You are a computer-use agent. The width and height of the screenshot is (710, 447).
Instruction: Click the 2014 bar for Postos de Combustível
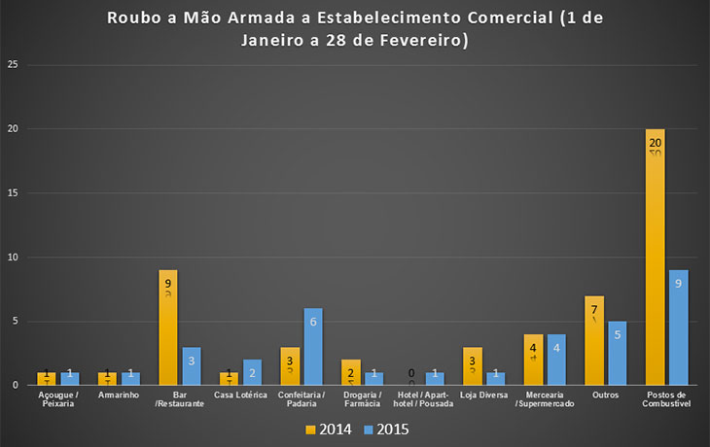pos(655,258)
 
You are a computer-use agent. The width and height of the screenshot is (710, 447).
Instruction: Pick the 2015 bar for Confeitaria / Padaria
pos(313,347)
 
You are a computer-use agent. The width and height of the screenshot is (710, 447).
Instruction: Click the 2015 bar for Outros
pos(618,353)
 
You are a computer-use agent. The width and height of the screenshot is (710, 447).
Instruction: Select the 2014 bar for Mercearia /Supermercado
pos(533,360)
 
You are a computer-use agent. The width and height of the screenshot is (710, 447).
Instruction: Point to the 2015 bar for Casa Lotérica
pos(252,372)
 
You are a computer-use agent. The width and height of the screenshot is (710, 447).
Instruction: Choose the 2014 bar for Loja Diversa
pos(472,366)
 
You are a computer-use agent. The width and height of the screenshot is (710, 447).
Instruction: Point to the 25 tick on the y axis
pos(14,65)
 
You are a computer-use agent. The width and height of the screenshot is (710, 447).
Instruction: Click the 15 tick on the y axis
pos(14,193)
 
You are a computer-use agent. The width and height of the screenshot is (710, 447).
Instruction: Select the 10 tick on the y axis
pos(14,258)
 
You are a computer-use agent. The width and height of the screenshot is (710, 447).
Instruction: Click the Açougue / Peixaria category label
pos(58,399)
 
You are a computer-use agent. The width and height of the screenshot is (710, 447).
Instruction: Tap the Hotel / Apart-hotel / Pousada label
pos(423,399)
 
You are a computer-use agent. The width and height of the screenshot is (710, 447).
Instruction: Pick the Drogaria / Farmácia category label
pos(362,399)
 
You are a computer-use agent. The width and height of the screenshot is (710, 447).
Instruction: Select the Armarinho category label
pos(120,395)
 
